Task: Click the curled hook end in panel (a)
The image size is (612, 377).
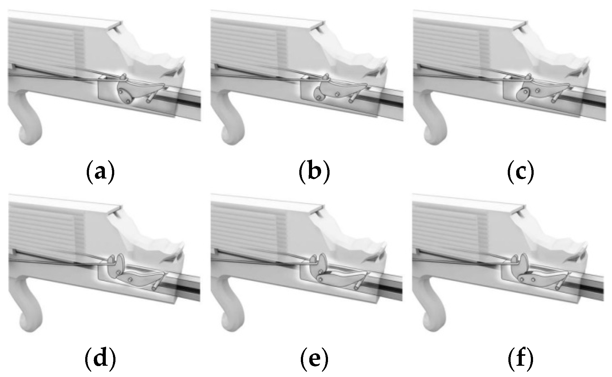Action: pyautogui.click(x=30, y=133)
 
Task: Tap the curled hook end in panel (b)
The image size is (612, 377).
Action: pyautogui.click(x=233, y=133)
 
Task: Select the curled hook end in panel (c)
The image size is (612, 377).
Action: pyautogui.click(x=435, y=133)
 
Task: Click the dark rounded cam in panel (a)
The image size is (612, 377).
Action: pyautogui.click(x=125, y=95)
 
